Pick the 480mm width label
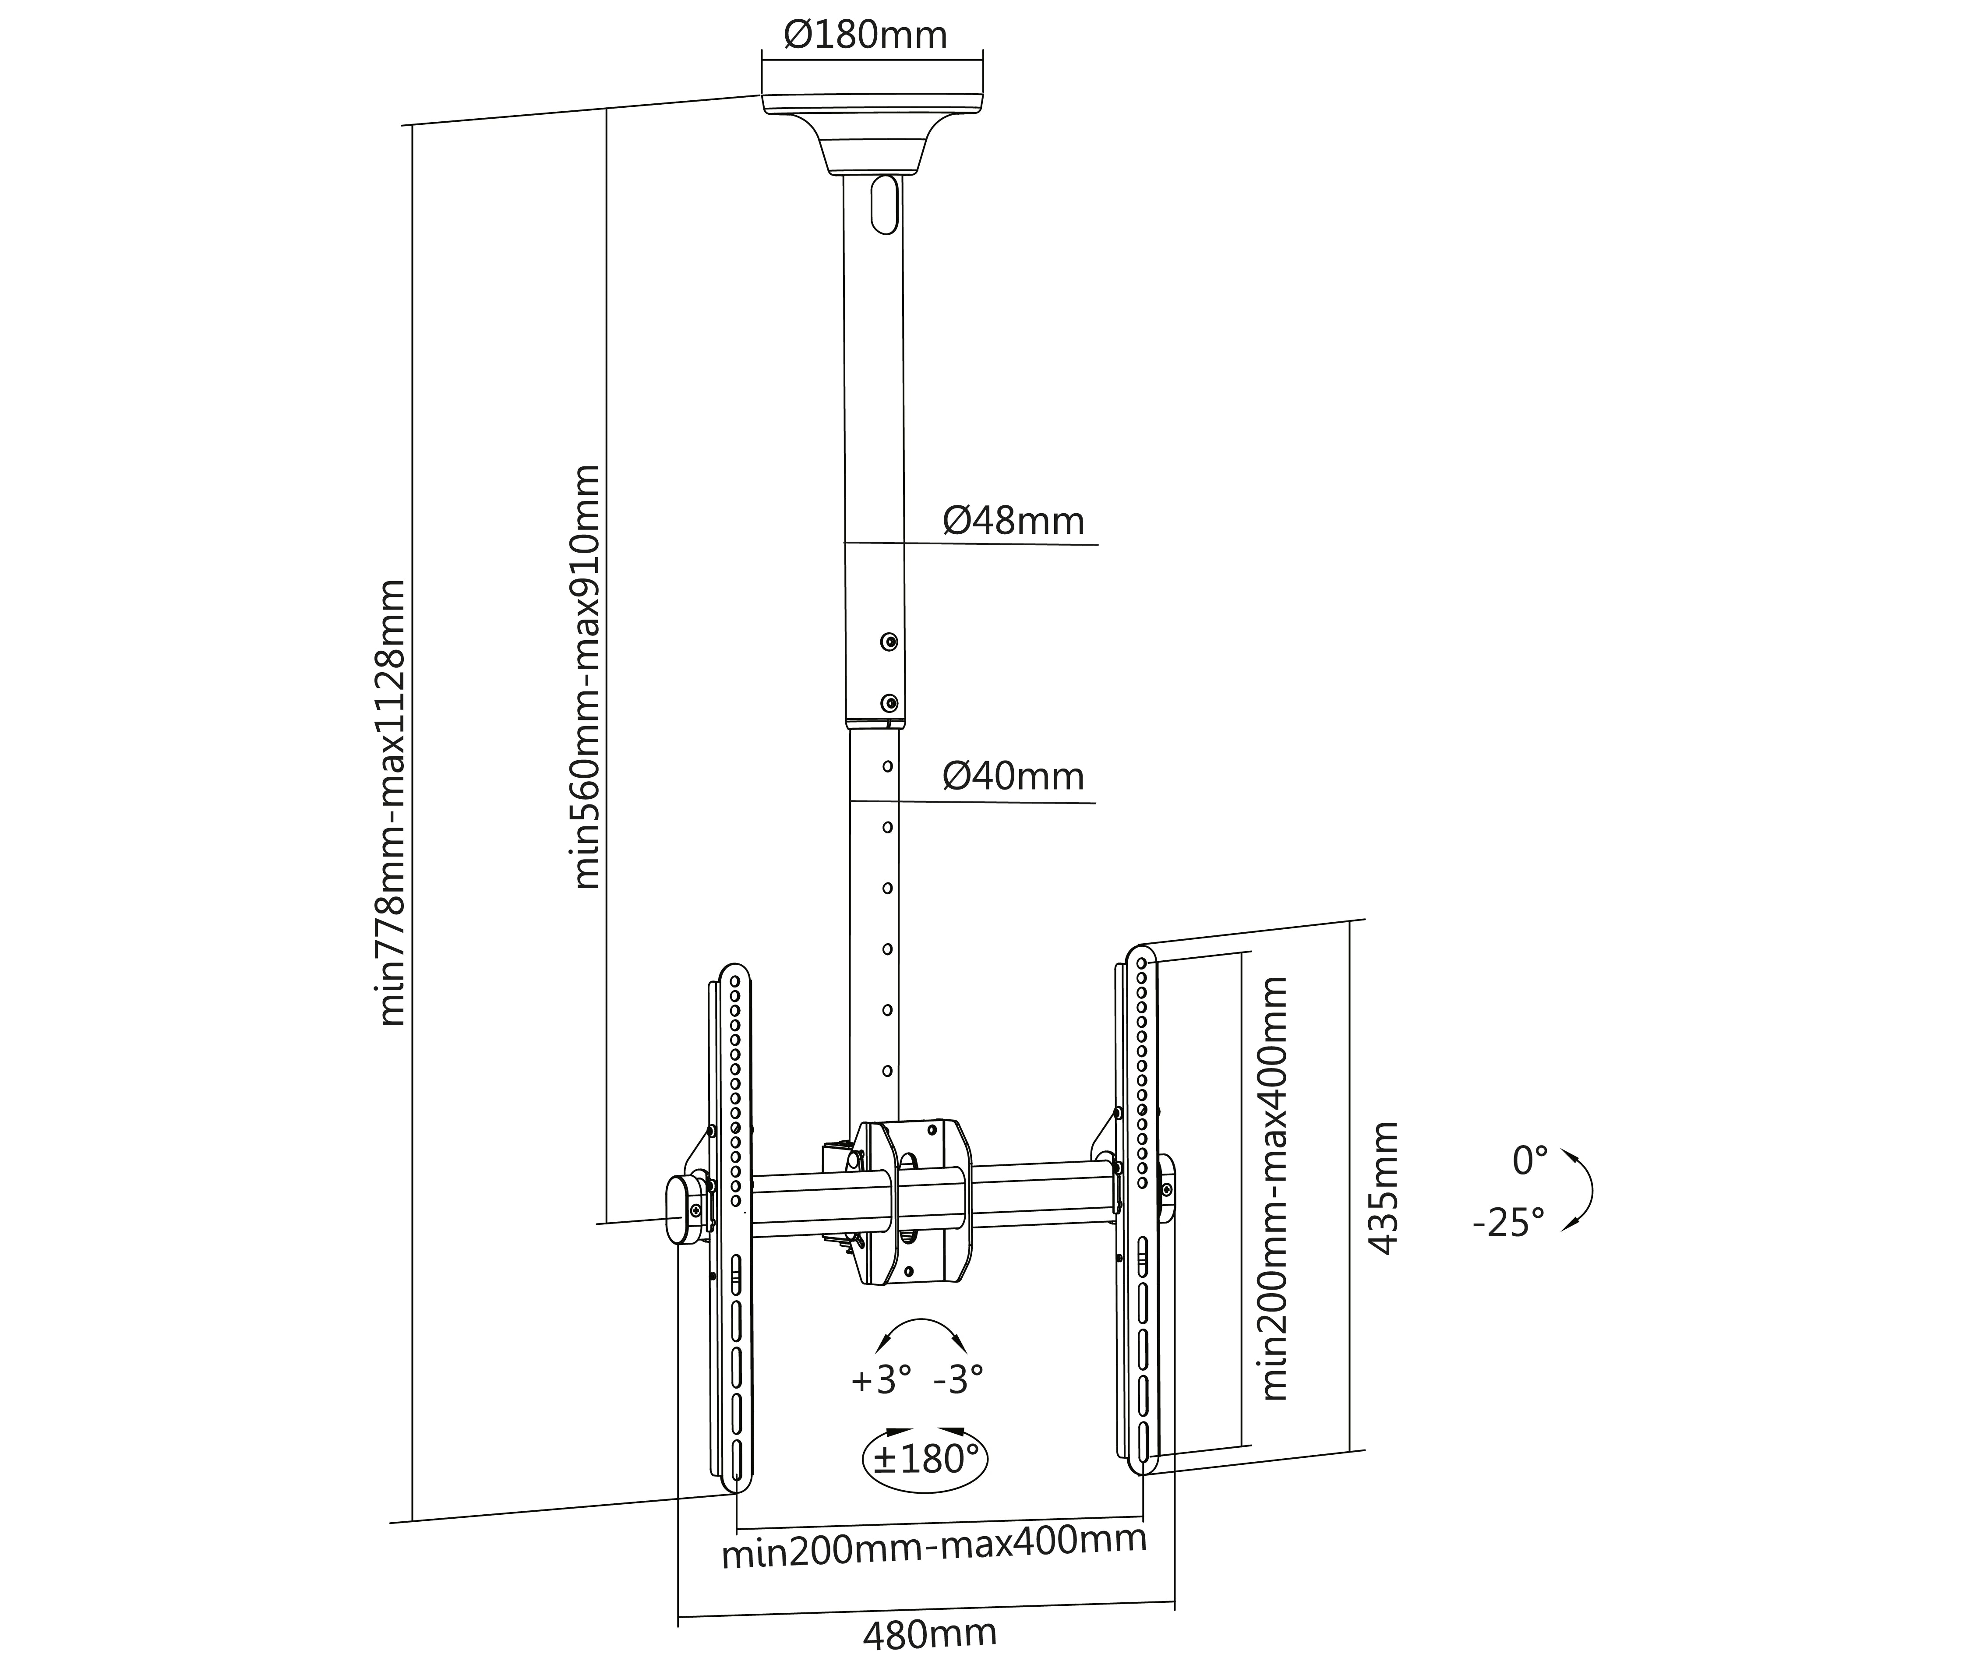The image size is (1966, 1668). point(930,1633)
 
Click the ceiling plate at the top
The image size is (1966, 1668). point(872,104)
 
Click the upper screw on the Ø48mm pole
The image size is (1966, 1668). point(889,642)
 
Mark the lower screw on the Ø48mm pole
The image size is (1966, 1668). point(889,702)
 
